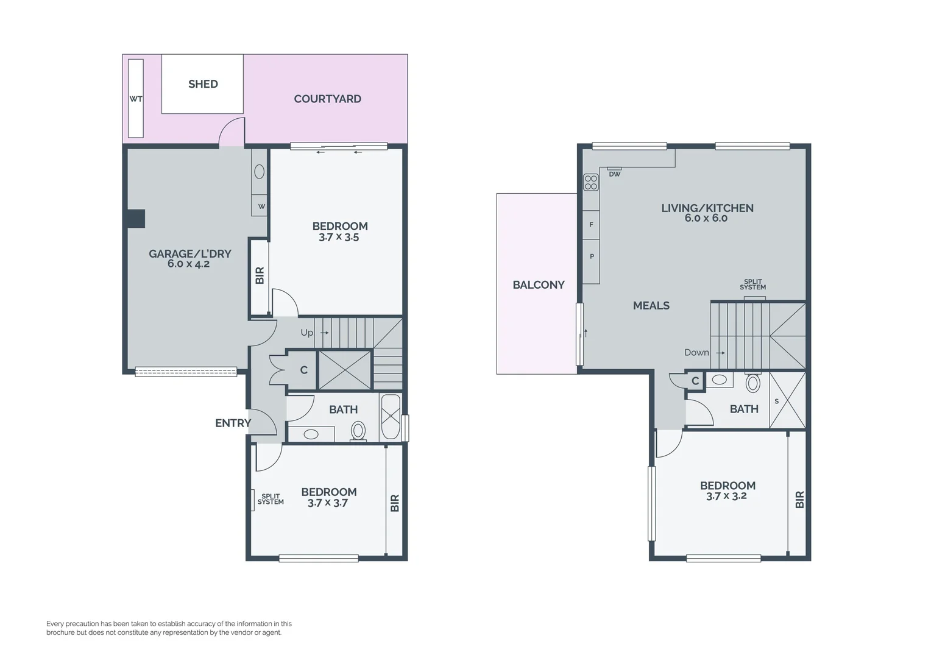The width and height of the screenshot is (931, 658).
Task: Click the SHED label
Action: pos(203,84)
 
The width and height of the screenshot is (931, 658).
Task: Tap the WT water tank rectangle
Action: pos(136,99)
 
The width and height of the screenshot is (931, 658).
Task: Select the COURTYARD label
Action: pos(327,99)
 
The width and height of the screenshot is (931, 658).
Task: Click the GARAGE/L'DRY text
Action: pos(189,253)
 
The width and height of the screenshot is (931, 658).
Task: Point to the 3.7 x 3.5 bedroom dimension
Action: pos(339,238)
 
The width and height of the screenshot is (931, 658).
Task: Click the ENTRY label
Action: pos(233,423)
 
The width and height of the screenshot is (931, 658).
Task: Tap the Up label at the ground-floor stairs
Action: pos(306,333)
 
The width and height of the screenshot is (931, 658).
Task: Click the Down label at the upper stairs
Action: pos(696,353)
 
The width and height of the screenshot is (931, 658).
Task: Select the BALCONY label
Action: pos(538,285)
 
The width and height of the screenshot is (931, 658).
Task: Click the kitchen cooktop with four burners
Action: pos(591,182)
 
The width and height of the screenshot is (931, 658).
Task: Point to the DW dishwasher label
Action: pos(614,174)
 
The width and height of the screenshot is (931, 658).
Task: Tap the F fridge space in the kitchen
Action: pos(591,225)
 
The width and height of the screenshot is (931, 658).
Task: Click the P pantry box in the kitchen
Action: pos(591,256)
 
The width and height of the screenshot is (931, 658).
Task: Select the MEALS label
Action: pos(651,306)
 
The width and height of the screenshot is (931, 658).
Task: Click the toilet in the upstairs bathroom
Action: pos(753,382)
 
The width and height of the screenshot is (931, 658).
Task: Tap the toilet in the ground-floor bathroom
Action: pos(358,431)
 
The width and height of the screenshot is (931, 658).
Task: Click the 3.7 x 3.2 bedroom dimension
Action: pos(726,497)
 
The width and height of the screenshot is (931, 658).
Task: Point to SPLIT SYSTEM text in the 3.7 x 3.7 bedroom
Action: pos(271,500)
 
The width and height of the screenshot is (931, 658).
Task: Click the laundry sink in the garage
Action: pos(259,172)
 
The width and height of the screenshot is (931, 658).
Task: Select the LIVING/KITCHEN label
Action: pos(707,208)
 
